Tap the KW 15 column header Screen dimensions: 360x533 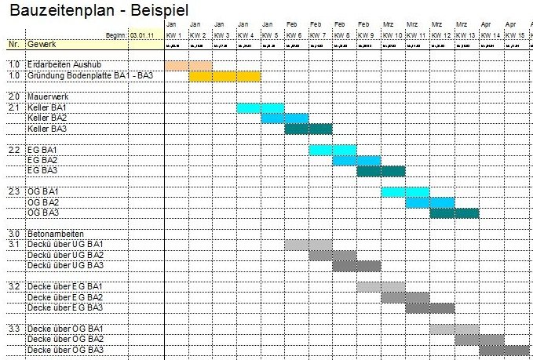pyautogui.click(x=515, y=36)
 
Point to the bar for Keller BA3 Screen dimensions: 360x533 pyautogui.click(x=308, y=129)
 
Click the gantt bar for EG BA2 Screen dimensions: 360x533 pyautogui.click(x=357, y=160)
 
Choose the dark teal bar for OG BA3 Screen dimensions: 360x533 pyautogui.click(x=454, y=213)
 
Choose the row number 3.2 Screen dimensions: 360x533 pyautogui.click(x=13, y=286)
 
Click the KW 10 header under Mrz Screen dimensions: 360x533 pyautogui.click(x=393, y=36)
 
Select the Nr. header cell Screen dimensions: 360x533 pyautogui.click(x=13, y=45)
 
